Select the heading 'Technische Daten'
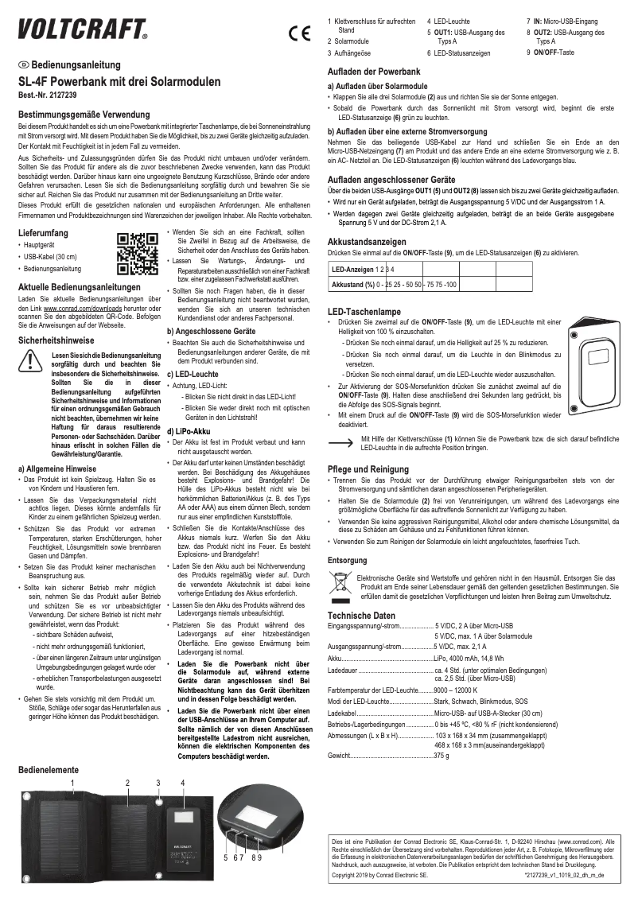pyautogui.click(x=361, y=616)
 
